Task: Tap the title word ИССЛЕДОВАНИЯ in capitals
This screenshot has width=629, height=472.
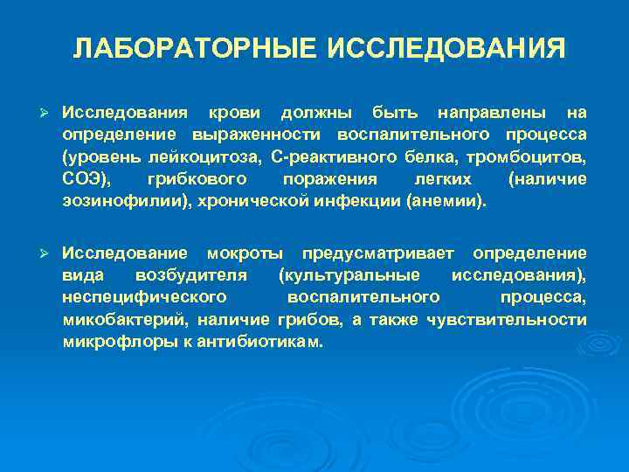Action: pos(446,48)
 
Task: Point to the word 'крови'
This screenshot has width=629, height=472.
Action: pos(231,113)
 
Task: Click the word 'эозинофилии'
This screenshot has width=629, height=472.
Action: pos(113,201)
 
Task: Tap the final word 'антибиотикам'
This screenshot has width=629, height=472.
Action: pos(270,342)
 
